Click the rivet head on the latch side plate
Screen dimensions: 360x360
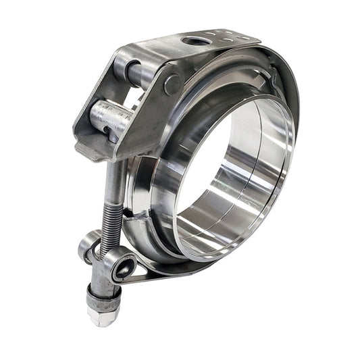pyautogui.click(x=172, y=84)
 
